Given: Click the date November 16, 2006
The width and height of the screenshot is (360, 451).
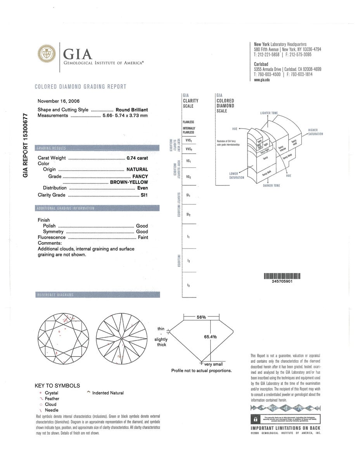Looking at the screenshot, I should (59, 101).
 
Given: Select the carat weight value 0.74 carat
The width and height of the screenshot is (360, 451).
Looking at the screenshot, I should (137, 158).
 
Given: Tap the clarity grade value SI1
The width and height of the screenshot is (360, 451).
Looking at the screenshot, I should (144, 195).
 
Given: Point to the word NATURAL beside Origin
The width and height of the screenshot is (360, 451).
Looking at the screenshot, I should (137, 169).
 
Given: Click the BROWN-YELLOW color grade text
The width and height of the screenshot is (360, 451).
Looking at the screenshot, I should (129, 182).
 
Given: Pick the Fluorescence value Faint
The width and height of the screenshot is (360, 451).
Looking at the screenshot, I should (143, 237).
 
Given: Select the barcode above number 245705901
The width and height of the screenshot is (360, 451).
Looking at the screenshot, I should (282, 276).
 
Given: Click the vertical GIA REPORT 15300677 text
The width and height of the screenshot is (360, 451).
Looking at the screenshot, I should (26, 145).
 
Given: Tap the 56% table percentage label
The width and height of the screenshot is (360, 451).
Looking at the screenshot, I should (201, 317).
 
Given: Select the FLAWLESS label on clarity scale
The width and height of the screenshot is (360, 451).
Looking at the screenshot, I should (188, 122).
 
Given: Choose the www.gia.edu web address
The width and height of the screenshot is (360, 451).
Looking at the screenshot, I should (261, 79).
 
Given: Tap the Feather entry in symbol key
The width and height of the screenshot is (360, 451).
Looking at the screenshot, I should (52, 399).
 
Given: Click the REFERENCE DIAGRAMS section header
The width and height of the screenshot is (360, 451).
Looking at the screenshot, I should (55, 295).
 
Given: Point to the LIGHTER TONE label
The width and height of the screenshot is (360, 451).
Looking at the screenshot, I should (268, 113).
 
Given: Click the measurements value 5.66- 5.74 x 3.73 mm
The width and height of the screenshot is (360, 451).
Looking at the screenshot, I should (125, 116).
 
